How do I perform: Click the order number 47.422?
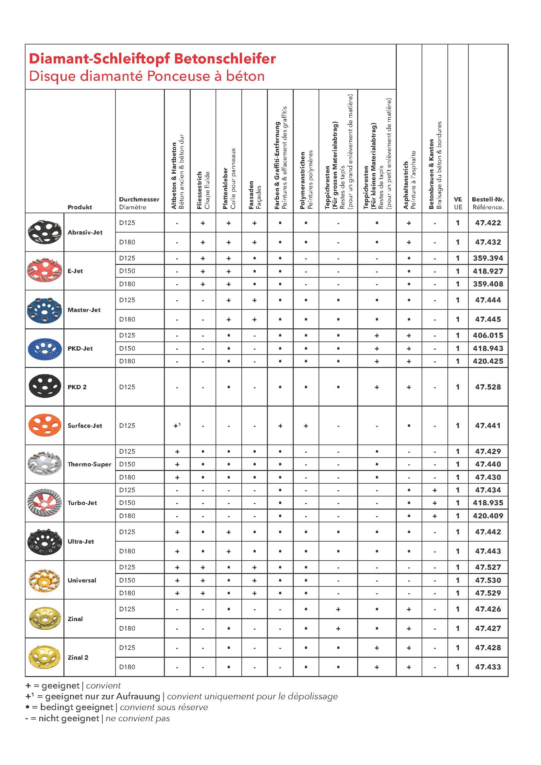(488, 223)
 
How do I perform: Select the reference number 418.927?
(488, 271)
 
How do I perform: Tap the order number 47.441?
(488, 426)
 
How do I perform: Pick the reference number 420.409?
(488, 516)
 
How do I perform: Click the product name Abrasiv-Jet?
(85, 233)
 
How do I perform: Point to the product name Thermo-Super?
(89, 464)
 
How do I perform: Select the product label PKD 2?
(77, 387)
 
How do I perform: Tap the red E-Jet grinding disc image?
(44, 270)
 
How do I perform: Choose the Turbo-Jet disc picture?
(44, 502)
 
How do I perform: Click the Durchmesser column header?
(139, 200)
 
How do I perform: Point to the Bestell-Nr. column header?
(488, 200)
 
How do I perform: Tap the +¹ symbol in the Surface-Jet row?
(177, 426)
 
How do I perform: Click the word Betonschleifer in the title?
(225, 59)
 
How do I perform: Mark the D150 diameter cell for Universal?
(127, 580)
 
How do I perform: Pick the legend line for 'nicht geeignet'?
(97, 718)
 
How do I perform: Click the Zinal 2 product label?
(78, 657)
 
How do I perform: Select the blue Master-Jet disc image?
(44, 309)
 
